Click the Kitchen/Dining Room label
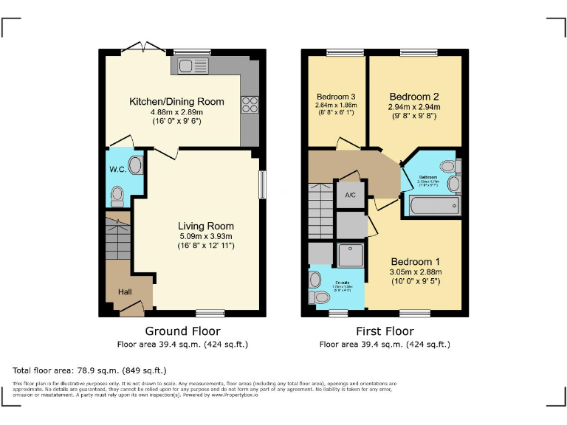pos(176,101)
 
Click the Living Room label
pos(205,226)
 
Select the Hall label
pos(125,292)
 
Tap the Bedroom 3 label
pos(336,97)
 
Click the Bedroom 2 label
pos(414,97)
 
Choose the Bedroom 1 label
pos(415,262)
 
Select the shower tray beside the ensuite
pos(351,255)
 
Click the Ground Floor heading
pos(182,331)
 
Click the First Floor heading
pos(384,331)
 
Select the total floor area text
pos(90,370)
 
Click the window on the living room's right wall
pos(261,184)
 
